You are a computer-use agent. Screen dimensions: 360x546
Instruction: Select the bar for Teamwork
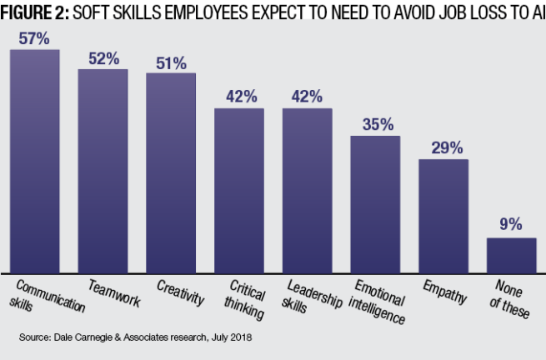click(103, 170)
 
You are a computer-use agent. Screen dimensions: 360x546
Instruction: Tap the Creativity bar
click(171, 172)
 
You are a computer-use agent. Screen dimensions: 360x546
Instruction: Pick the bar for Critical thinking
click(239, 189)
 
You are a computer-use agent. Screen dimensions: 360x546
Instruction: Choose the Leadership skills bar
click(308, 189)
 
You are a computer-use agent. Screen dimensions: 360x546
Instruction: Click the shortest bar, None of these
click(511, 254)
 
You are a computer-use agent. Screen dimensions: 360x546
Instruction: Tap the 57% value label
click(35, 39)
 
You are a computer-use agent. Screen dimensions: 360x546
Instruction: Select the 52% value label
click(103, 58)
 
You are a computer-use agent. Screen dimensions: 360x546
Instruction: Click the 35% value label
click(376, 124)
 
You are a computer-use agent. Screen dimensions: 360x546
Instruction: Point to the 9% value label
click(511, 224)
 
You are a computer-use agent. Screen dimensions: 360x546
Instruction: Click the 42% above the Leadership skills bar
click(308, 96)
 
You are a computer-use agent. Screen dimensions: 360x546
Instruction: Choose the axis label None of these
click(510, 298)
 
